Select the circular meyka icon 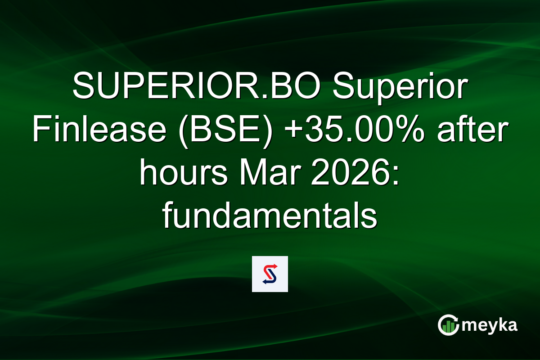(x=449, y=325)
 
